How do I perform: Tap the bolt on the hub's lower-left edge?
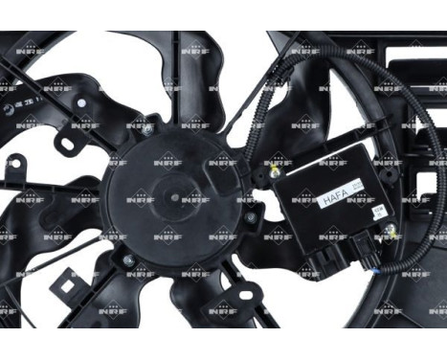tap(126, 259)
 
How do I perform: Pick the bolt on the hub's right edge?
tap(250, 217)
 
